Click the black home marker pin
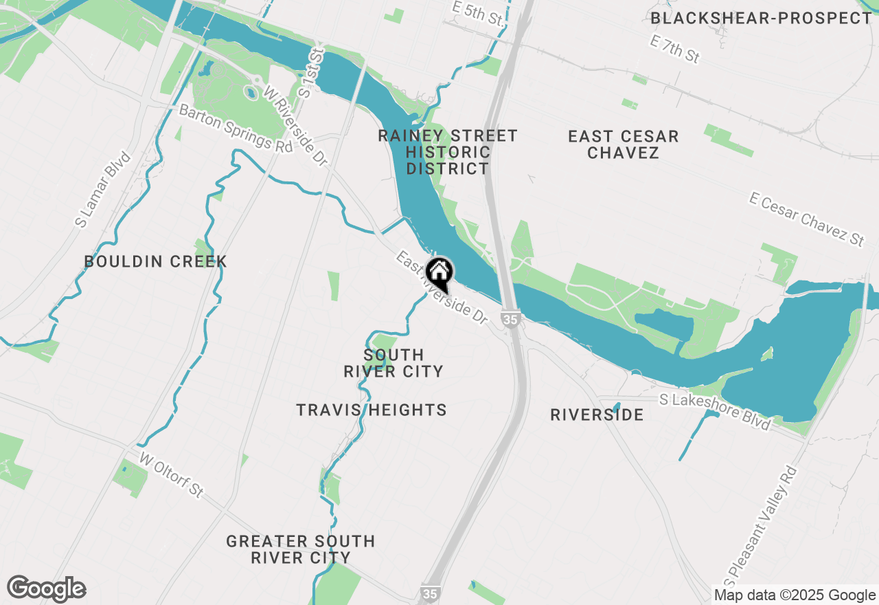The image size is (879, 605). coord(439,273)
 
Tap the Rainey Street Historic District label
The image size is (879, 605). coord(448,152)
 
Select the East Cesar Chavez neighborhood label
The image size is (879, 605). coord(624,144)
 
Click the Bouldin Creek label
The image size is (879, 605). coord(155,261)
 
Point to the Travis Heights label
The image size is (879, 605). coord(372,410)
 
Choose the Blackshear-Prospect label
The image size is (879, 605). coord(761,18)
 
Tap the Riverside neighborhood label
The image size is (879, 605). coord(597,415)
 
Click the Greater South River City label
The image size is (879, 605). coord(301,549)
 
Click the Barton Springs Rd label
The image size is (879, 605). coord(236,129)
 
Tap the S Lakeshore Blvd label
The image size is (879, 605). coord(714,410)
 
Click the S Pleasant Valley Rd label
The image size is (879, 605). coord(763,522)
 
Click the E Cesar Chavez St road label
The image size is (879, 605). coord(807,219)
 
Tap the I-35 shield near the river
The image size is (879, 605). coord(509,319)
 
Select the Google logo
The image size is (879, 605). coord(46,589)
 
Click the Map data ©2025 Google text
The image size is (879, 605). coord(795,595)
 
